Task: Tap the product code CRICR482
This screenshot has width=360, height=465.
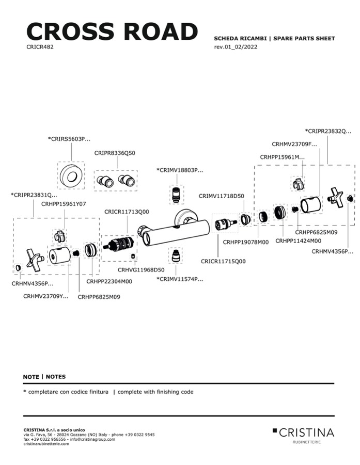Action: tap(40, 46)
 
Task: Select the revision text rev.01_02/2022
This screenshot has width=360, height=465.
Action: tap(236, 47)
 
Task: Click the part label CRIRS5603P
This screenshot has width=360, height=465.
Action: tap(69, 139)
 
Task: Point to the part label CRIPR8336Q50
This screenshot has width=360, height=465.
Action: tap(115, 153)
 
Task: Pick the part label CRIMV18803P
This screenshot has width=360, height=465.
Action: tap(180, 170)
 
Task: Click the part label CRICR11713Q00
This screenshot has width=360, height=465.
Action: tap(127, 212)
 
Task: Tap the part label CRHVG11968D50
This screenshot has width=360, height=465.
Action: tap(141, 269)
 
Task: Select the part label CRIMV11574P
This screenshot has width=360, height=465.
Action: tap(180, 279)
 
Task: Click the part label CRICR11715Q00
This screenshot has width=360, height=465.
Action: tap(223, 261)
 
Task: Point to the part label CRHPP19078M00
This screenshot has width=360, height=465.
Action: tap(246, 242)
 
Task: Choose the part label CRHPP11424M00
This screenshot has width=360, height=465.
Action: tap(299, 240)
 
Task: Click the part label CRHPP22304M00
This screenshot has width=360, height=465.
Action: tap(109, 281)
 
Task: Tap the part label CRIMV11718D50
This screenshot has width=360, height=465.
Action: tap(222, 196)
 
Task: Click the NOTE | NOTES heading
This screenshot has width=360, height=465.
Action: tap(44, 377)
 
